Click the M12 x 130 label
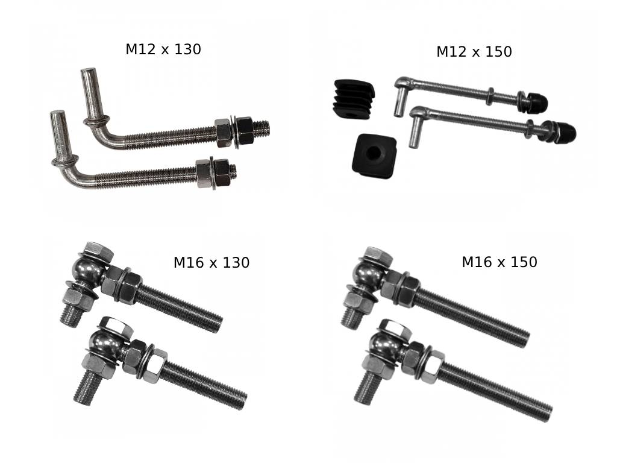click(163, 49)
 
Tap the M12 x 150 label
click(474, 52)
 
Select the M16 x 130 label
click(211, 263)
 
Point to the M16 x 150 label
click(500, 262)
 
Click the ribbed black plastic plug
click(353, 99)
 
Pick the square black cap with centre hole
click(374, 155)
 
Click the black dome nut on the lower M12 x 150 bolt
click(565, 132)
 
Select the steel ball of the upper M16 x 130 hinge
click(87, 268)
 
